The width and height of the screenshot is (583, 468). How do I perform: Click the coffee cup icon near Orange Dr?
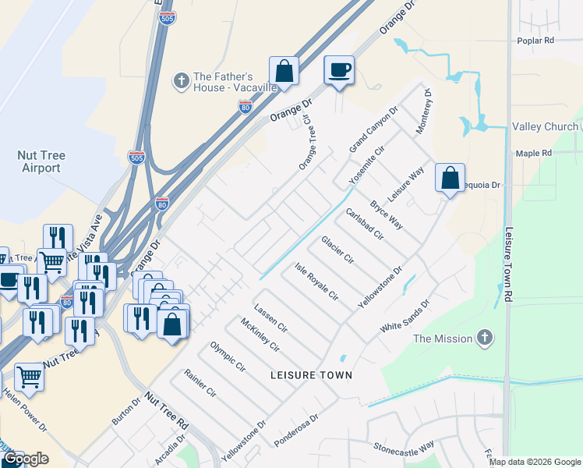pos(339,70)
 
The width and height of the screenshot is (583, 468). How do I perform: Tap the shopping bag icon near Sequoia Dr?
pos(450,178)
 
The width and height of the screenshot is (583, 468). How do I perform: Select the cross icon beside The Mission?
pos(485,338)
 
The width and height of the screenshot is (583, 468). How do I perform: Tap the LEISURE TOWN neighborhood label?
pos(311,375)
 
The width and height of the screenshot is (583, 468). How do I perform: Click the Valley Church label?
pos(545,126)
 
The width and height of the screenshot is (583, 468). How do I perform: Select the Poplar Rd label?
pos(535,40)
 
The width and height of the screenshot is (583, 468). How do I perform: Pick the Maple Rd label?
pos(534,153)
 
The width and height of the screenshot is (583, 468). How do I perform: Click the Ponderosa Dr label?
pos(297,431)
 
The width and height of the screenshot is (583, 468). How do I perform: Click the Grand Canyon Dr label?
pos(373,129)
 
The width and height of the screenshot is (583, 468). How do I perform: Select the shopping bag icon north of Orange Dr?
pos(284,70)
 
